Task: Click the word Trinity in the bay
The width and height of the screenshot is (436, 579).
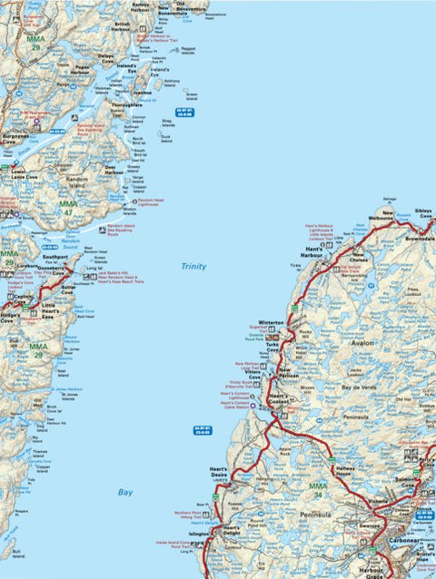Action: click(193, 267)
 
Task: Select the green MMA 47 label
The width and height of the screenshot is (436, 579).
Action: click(69, 210)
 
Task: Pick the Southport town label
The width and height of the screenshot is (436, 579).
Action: click(55, 257)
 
